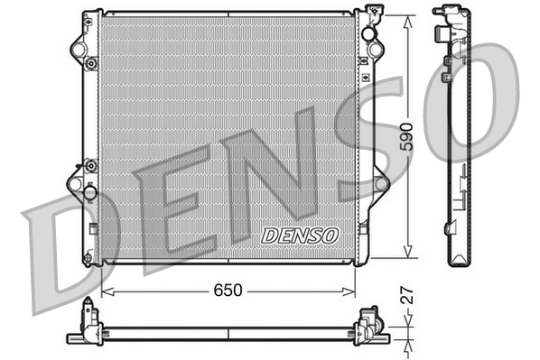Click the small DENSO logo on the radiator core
coord(299,235)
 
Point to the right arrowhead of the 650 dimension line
coord(351,292)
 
